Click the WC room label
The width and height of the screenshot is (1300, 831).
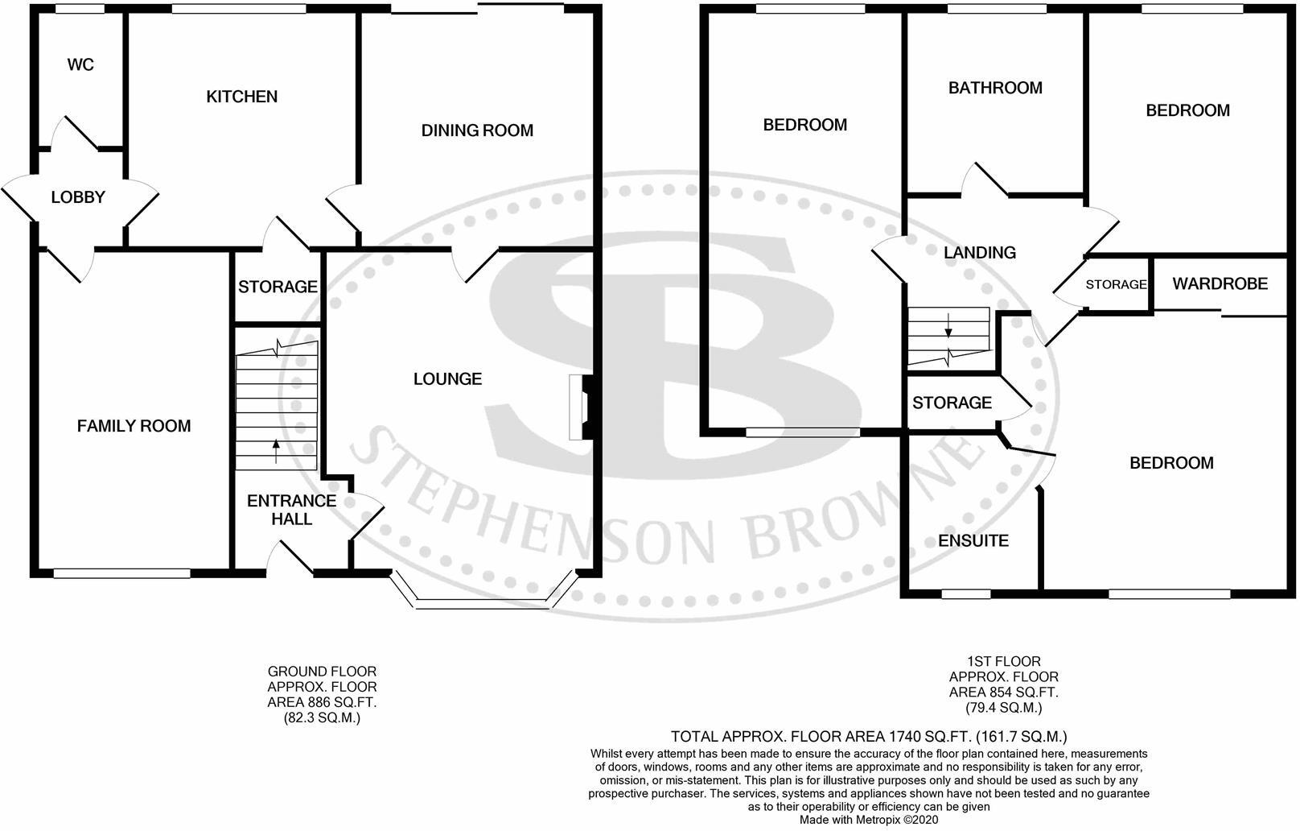tap(80, 64)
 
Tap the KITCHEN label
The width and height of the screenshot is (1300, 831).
tap(242, 97)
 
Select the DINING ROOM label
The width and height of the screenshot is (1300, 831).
tap(477, 130)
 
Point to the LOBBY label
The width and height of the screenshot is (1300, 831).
tap(78, 197)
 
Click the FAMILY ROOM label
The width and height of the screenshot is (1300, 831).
tap(134, 426)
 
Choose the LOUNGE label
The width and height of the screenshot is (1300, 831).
tap(447, 378)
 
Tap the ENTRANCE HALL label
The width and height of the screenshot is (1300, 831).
tap(291, 510)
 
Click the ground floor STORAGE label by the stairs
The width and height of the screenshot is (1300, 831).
tap(278, 287)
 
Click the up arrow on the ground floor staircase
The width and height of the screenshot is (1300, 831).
tap(276, 451)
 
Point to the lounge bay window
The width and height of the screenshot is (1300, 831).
tap(483, 599)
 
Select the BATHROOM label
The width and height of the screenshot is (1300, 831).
tap(995, 88)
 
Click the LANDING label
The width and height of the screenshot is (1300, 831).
tap(979, 253)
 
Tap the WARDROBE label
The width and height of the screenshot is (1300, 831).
tap(1220, 283)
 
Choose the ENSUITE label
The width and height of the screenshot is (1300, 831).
tap(973, 540)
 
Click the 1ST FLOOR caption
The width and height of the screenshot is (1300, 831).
tap(1004, 661)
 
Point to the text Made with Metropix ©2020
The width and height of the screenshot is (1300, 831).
tap(869, 820)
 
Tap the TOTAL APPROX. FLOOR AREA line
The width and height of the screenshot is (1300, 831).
tap(869, 736)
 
